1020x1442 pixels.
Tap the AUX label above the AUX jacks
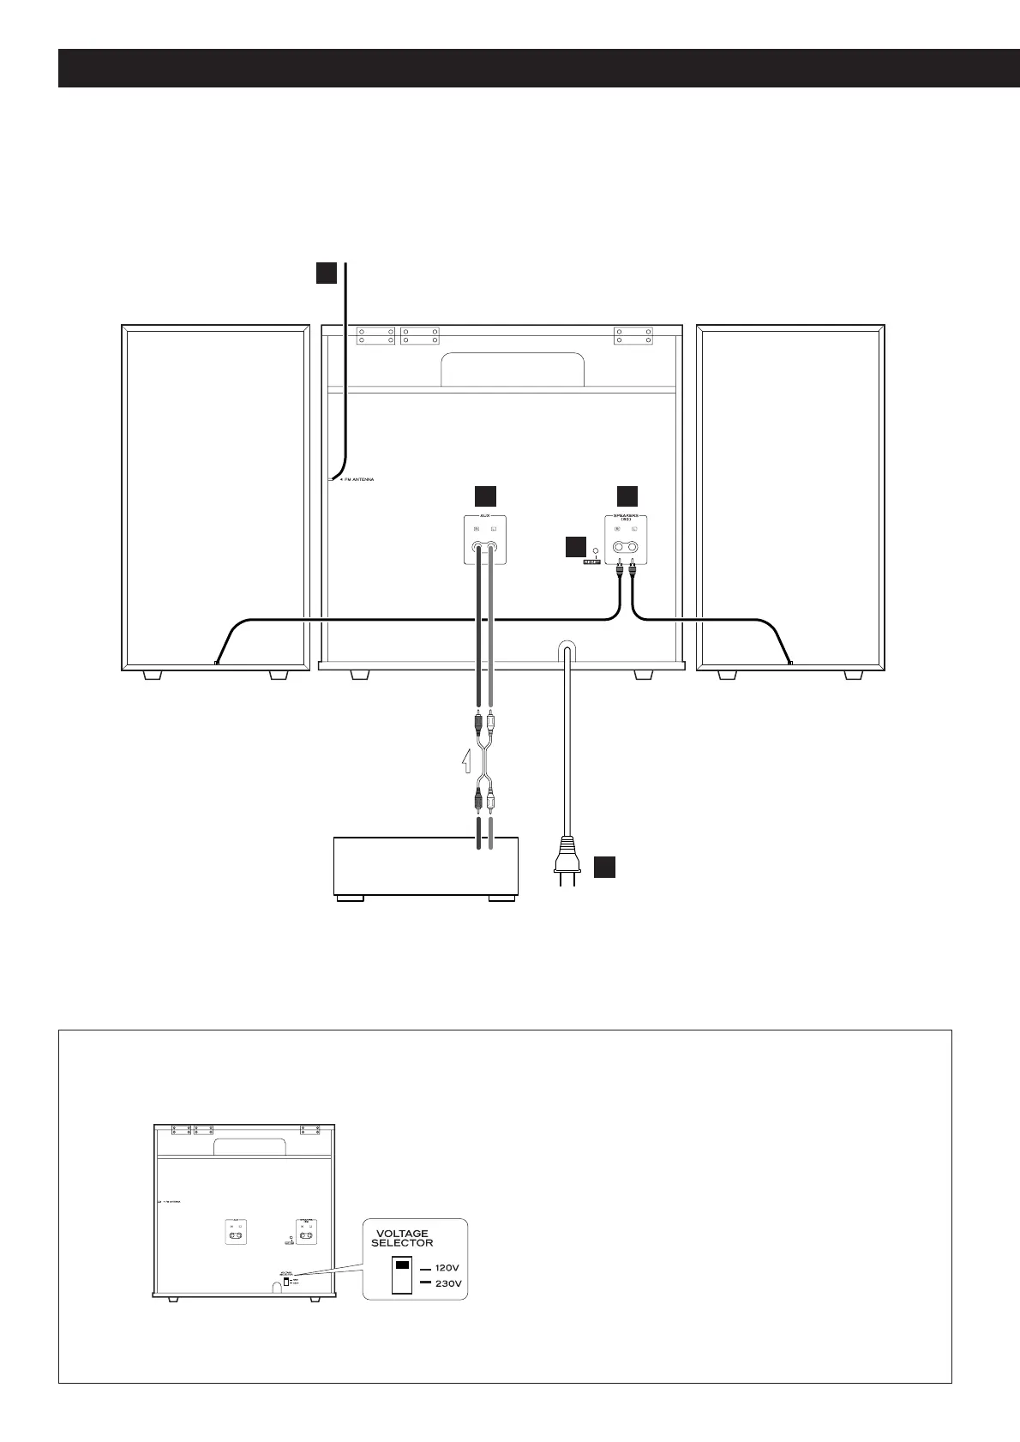tap(485, 517)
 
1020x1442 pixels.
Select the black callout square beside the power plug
tap(604, 866)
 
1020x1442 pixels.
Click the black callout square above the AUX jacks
tap(485, 496)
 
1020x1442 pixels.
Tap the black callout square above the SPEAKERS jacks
tap(627, 496)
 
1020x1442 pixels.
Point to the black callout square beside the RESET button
tap(575, 548)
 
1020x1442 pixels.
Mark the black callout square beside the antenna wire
tap(326, 272)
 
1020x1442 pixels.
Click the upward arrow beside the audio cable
tap(465, 759)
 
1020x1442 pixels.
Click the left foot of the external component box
tap(349, 898)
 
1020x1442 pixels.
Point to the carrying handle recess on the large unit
tap(513, 370)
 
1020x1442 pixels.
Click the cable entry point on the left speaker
tap(217, 663)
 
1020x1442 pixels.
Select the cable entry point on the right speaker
tap(789, 663)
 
